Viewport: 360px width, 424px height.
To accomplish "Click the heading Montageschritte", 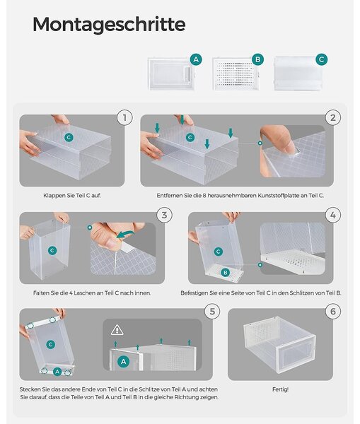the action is [109, 25].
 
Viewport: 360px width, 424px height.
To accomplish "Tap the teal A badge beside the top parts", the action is [196, 59].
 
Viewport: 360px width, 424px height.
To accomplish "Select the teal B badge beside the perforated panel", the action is [257, 59].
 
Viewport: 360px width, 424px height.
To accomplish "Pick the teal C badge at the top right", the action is [322, 59].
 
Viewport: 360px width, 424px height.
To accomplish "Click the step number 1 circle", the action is [124, 117].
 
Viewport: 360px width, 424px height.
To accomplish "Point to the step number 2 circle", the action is [333, 117].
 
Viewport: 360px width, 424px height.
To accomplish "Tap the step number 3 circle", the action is [164, 215].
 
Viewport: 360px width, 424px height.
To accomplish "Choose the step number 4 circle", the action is [333, 215].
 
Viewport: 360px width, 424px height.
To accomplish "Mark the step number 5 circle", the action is [212, 311].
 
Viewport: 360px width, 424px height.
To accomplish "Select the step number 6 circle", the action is [333, 311].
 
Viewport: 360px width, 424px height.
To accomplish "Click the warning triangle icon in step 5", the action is [117, 330].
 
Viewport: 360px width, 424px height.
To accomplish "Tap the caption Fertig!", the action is [280, 389].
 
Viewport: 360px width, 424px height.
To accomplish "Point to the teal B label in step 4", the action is [225, 272].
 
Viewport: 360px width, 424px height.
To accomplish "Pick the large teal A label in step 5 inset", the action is [124, 362].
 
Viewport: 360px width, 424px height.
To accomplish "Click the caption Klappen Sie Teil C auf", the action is [72, 196].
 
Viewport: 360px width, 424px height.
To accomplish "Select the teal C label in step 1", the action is [69, 137].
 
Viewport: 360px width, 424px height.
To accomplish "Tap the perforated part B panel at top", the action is [236, 73].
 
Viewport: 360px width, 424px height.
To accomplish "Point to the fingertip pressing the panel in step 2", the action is [292, 148].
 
